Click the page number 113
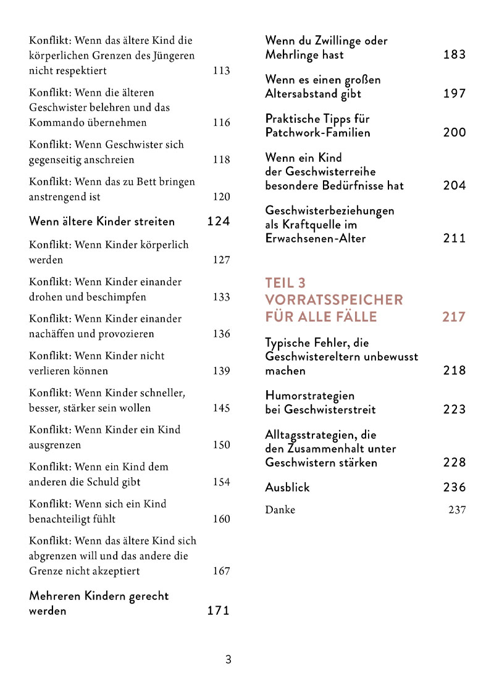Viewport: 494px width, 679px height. click(221, 71)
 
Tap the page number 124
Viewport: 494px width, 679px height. click(219, 221)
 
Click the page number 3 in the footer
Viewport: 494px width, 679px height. click(228, 659)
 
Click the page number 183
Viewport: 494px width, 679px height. click(454, 55)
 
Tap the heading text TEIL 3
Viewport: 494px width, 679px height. click(285, 283)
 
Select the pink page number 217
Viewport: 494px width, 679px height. click(454, 317)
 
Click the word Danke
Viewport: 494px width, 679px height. click(280, 510)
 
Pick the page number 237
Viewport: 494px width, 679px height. click(457, 510)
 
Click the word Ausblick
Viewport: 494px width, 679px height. click(288, 488)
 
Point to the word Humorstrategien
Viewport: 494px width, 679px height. click(310, 395)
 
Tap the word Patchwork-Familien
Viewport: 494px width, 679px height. click(318, 133)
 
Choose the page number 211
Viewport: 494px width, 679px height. click(454, 239)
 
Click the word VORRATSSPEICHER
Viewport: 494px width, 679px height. click(334, 300)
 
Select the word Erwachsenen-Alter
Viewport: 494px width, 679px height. click(316, 239)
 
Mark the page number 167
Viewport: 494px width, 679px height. click(221, 571)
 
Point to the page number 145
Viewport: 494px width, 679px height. click(221, 408)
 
